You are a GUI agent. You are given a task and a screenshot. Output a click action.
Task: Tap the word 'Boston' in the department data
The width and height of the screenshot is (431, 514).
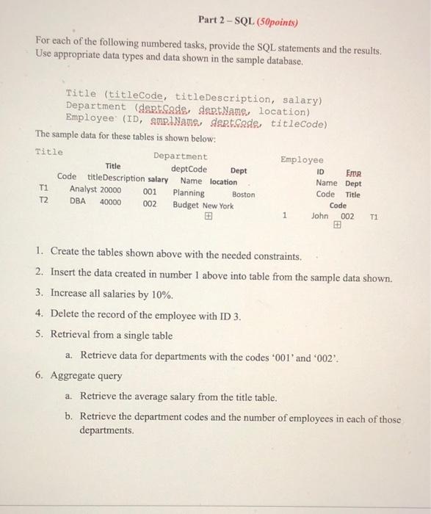tap(243, 194)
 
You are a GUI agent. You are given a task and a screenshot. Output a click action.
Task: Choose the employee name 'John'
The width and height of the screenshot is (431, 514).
tap(319, 216)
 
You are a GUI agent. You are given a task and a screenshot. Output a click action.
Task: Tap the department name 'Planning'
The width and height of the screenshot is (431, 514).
tap(189, 194)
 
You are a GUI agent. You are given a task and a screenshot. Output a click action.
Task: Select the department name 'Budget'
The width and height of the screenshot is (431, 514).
tap(186, 206)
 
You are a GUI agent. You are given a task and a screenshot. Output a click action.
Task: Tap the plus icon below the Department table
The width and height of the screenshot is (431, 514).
tap(210, 217)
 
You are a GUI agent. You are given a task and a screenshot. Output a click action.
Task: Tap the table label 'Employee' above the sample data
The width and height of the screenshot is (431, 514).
tap(301, 159)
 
